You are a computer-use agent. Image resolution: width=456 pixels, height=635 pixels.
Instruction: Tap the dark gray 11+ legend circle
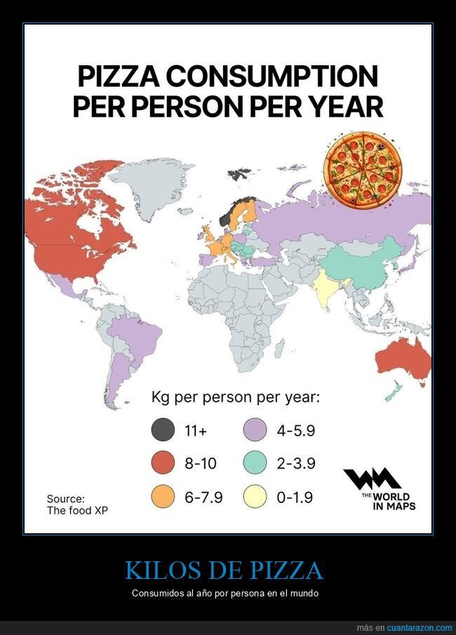[x=163, y=430]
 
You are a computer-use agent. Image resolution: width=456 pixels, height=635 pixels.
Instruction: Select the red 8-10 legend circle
[x=163, y=464]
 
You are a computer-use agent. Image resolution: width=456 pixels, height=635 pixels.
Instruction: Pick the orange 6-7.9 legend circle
[x=163, y=497]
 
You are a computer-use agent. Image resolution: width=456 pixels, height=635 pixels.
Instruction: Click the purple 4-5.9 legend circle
[x=255, y=430]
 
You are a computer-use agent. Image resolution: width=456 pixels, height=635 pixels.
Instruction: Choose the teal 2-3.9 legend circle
[x=255, y=464]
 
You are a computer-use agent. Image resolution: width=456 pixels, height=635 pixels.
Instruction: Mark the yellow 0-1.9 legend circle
[x=255, y=497]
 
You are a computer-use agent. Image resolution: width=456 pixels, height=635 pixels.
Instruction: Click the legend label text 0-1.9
[x=295, y=498]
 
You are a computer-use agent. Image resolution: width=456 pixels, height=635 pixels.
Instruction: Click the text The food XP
[x=78, y=510]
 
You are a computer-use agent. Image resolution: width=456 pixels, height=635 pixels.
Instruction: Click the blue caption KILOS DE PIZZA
[x=224, y=570]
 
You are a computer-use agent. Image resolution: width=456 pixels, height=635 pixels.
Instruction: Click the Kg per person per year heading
[x=236, y=398]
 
